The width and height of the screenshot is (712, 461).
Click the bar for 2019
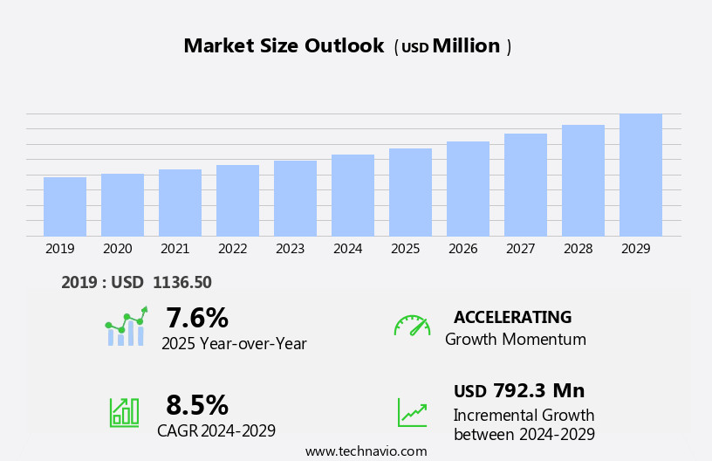click(x=65, y=207)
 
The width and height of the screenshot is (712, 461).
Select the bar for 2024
click(x=353, y=196)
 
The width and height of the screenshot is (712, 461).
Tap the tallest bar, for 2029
click(x=640, y=175)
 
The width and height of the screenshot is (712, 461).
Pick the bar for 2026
click(x=468, y=189)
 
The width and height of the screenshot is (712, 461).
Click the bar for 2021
click(x=180, y=203)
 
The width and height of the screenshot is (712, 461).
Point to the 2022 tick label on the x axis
click(x=233, y=249)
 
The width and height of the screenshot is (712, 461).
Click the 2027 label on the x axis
click(x=521, y=249)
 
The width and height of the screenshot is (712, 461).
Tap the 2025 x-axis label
click(x=406, y=249)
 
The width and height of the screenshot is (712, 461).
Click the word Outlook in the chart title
click(x=344, y=46)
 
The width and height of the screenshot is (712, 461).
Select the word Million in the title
click(x=466, y=46)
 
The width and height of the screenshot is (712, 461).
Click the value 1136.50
click(x=181, y=283)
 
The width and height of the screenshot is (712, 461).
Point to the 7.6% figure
click(x=197, y=318)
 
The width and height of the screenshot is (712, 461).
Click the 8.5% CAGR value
click(x=197, y=405)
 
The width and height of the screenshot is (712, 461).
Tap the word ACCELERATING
click(x=512, y=318)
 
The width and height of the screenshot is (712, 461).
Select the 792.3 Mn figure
click(x=538, y=391)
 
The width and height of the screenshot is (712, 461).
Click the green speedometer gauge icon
click(x=412, y=326)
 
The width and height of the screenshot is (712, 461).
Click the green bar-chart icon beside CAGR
click(x=124, y=411)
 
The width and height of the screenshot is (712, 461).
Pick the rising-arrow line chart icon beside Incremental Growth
click(x=412, y=412)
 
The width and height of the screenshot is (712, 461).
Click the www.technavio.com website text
click(x=366, y=451)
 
